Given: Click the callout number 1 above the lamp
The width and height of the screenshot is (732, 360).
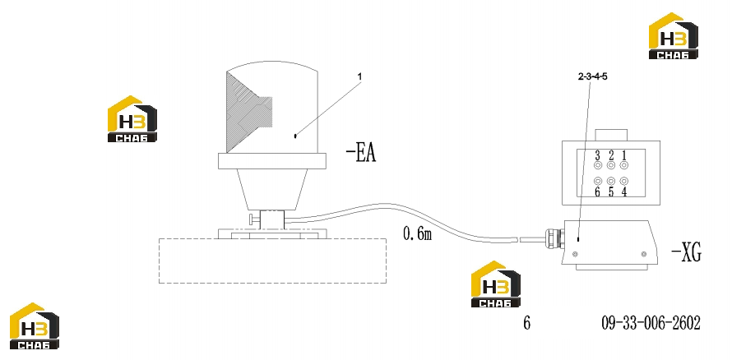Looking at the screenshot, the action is pos(359,76).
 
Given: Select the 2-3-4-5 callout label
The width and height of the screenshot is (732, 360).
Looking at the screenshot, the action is pos(592,77).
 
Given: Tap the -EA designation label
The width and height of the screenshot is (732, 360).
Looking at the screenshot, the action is pos(361,153).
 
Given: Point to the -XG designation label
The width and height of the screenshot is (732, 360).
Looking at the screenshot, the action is pos(686,253).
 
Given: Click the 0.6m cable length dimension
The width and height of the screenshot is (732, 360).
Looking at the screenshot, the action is pos(417,233).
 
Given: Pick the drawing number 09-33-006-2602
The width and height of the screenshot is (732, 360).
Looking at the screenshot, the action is pos(651,322).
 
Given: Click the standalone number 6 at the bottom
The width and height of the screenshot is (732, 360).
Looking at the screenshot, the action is pos(526,322).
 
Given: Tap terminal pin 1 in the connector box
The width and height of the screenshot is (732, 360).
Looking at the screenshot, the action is pos(623,165).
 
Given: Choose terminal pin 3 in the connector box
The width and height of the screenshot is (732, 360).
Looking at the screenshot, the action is pos(598,165).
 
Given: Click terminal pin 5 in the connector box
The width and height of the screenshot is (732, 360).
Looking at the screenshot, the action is pos(610,181).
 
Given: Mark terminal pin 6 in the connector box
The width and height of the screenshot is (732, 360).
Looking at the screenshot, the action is pos(598,181).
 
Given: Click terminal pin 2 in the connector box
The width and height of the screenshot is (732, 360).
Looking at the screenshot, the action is pos(610,165).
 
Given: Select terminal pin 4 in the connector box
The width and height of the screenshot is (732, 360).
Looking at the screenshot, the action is pos(623,181).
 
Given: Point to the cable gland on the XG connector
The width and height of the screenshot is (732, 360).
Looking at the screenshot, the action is pos(554,238).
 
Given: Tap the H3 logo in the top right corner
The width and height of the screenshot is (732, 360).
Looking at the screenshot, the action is pos(673,36).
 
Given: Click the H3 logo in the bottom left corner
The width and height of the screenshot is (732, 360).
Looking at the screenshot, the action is pos(34,325).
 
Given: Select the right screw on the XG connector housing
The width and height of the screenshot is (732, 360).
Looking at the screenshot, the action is pos(644,254).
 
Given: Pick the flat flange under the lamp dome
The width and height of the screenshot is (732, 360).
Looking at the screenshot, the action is pos(272,161).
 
